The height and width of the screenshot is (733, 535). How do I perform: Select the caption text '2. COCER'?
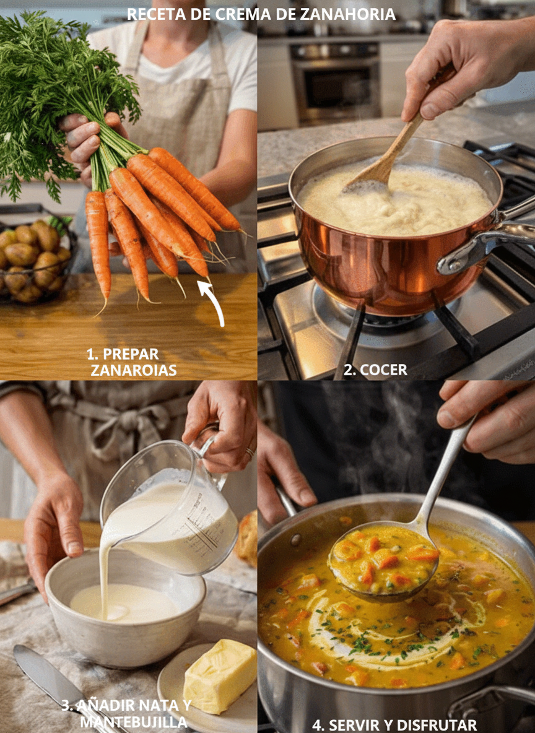pos(375,370)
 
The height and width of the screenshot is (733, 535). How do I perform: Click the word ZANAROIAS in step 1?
pos(133,370)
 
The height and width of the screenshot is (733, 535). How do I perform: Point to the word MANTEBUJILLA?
pos(134,722)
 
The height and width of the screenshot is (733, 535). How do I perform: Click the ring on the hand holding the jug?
pos(250,453)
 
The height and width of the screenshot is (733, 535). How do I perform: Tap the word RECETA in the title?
pos(156,14)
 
